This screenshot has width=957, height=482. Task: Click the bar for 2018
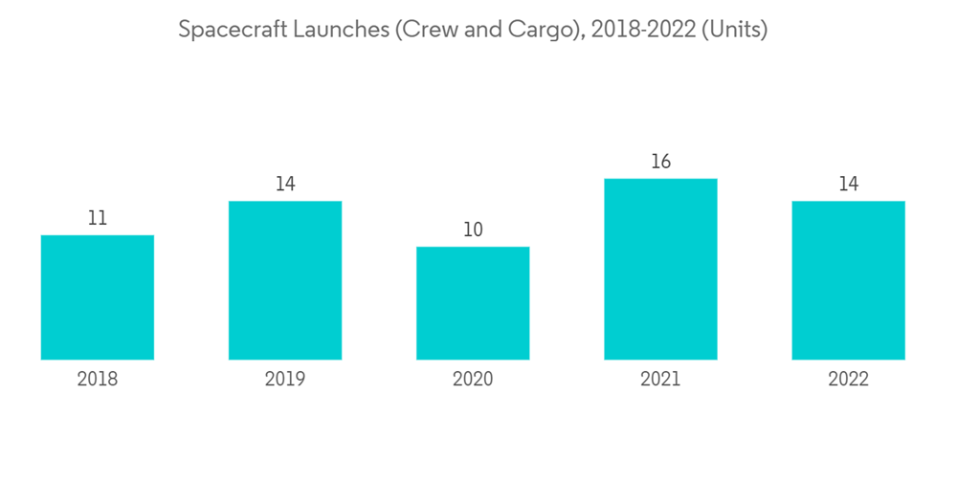click(97, 297)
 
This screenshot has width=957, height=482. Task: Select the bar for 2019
click(284, 280)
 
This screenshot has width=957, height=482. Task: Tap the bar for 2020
click(472, 303)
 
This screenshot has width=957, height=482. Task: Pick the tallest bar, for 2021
click(660, 269)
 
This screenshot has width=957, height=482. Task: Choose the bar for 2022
click(848, 280)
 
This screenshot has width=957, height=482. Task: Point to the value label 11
click(97, 219)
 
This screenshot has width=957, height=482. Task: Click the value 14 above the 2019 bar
click(284, 185)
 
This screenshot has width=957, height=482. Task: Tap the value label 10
click(472, 230)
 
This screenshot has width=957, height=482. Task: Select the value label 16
click(660, 163)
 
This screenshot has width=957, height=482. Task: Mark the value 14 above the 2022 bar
click(848, 185)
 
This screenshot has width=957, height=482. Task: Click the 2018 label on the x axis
click(97, 380)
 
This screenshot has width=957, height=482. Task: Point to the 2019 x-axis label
click(284, 380)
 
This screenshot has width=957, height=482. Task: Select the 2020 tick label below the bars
click(472, 380)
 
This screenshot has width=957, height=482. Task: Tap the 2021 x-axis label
click(660, 380)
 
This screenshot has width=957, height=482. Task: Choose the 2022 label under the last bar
click(848, 380)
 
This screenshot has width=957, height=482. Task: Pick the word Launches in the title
click(330, 30)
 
